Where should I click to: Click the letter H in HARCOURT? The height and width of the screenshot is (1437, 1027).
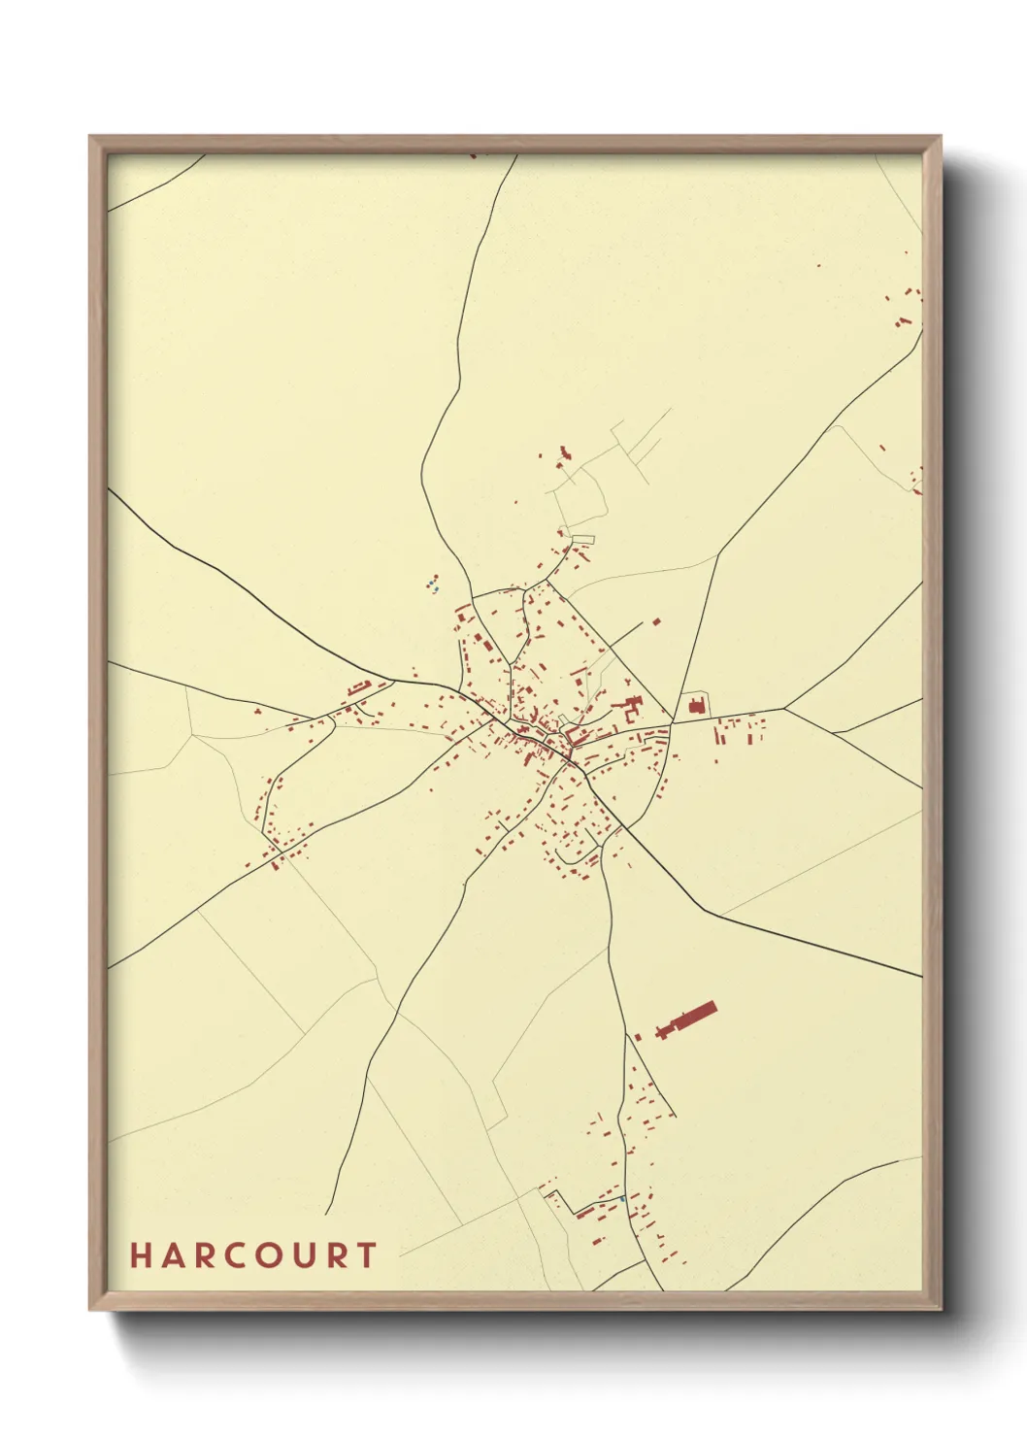(x=139, y=1255)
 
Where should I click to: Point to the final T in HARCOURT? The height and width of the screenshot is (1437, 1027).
(x=367, y=1255)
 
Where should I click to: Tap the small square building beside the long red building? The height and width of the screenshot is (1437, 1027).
(x=638, y=1038)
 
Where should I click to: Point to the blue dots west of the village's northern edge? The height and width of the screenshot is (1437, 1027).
(x=433, y=585)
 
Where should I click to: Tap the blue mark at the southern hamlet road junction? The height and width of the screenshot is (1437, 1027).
(x=621, y=1199)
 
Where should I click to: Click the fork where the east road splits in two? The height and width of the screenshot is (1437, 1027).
(x=785, y=708)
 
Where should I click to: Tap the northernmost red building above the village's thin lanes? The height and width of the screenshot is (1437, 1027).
(x=564, y=451)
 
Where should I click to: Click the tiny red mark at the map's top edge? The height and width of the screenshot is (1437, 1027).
(x=474, y=154)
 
